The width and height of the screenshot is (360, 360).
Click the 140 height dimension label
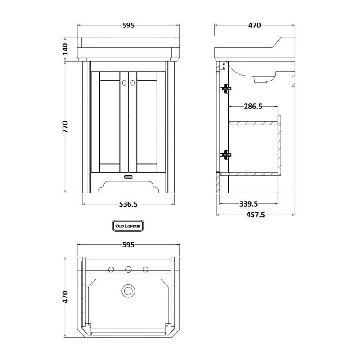pos(65,49)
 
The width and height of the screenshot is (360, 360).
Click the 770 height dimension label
pos(65,127)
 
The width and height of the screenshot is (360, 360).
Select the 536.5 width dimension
pos(128,204)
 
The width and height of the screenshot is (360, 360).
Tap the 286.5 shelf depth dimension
pos(253,106)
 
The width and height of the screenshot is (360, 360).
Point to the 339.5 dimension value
pos(249,204)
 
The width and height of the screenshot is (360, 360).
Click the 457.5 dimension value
pos(256,215)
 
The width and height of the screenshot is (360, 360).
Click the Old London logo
pos(128,226)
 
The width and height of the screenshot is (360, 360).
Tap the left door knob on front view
pos(124,83)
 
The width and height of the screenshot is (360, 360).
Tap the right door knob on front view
pos(132,83)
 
